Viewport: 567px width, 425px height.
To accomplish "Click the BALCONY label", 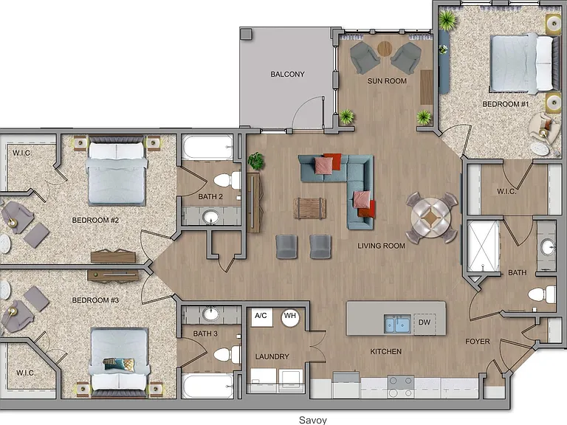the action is pos(287,74).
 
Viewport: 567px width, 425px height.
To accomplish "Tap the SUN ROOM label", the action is pos(387,81).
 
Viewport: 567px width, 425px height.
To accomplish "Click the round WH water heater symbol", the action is pos(290,318).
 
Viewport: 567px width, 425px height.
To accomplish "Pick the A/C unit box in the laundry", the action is pos(261,317).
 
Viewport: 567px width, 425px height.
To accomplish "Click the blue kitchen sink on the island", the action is pos(397,323).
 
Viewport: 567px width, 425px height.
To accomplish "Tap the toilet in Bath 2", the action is pos(227,180).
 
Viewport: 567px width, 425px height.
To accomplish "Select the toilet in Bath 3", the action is pos(227,354).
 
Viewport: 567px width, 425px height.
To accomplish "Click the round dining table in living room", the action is pos(431,218).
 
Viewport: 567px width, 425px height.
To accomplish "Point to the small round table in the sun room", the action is pos(385,49).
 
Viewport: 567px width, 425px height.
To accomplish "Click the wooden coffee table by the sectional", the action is pos(310,208).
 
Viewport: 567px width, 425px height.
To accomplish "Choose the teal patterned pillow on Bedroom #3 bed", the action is pos(119,364).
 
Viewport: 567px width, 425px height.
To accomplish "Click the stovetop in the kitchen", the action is pos(401,387).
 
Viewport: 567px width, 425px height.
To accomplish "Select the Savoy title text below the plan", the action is pos(313,420).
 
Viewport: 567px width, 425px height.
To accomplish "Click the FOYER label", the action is pos(478,342).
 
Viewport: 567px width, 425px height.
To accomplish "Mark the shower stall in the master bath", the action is pos(483,246).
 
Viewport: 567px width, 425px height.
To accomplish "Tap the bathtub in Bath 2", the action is pos(207,147).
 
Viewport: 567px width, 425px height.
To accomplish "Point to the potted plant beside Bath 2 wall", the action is pos(256,161).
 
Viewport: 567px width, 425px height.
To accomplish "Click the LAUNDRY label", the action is pos(272,356).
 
